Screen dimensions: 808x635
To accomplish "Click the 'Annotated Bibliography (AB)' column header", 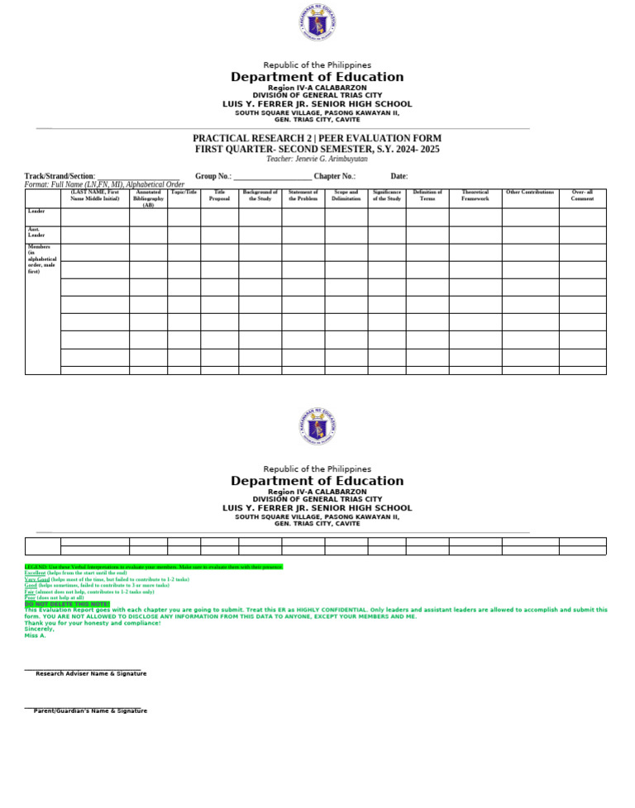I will (x=148, y=198).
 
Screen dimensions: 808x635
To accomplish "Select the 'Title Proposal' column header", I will (x=219, y=196).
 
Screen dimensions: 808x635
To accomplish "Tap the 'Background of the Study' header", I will (x=260, y=196).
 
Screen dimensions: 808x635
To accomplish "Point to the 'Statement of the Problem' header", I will (x=303, y=196).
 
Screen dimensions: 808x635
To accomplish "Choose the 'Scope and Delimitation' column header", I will (x=346, y=196).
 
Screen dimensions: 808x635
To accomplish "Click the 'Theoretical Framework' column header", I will (x=475, y=196).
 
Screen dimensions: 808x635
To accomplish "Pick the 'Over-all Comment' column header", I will (x=582, y=196).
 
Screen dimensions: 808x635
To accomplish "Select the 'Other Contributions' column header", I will (x=529, y=192).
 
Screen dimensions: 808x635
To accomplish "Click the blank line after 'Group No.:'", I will (x=272, y=177).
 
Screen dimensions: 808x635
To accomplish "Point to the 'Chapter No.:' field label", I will (x=335, y=176).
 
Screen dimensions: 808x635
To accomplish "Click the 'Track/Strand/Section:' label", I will (x=60, y=176).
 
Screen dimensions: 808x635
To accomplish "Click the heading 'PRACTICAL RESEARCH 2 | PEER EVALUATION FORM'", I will (x=317, y=138).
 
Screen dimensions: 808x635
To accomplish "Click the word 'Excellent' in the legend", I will (x=35, y=573).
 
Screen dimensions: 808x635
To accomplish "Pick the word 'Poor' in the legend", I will (x=30, y=597).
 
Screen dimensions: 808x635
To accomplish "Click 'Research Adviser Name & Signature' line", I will (x=90, y=673).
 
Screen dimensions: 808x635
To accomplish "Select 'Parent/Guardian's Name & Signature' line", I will (x=90, y=711).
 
